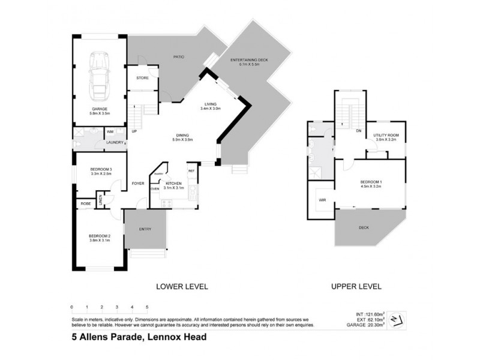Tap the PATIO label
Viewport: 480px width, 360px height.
178,57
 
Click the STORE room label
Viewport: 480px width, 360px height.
142,78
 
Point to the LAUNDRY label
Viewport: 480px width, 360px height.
115,142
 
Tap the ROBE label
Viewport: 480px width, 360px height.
84,204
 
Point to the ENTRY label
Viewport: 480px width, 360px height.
145,229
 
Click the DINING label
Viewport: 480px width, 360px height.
182,135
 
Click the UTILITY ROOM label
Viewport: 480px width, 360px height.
385,135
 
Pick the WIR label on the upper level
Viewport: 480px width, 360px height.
322,200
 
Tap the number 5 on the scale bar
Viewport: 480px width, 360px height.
147,307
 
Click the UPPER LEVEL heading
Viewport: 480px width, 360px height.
356,287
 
